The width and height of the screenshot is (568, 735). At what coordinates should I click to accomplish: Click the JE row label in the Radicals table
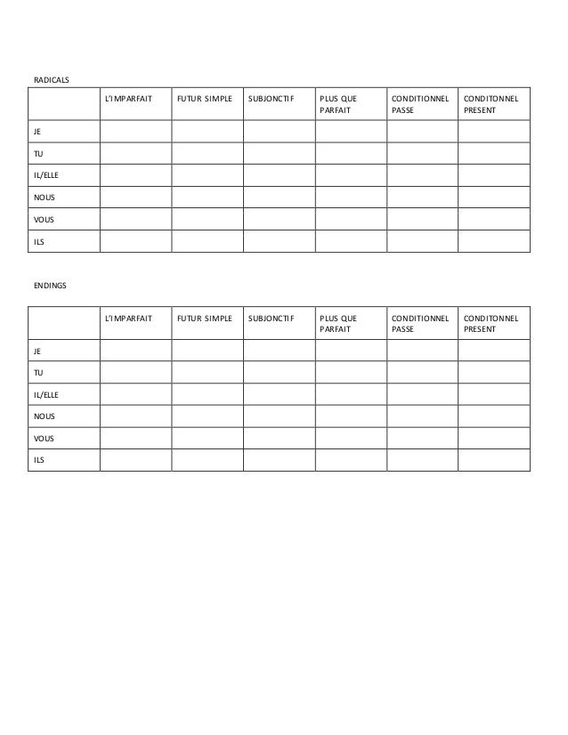click(x=38, y=131)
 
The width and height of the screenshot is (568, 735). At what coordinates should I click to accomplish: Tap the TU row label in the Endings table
click(x=38, y=372)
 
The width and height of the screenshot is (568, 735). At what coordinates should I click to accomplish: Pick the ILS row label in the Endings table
click(x=39, y=460)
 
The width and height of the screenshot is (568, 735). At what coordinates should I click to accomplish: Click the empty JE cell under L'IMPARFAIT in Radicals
click(x=134, y=131)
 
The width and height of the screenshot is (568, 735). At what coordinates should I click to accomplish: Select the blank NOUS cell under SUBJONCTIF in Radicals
click(x=279, y=197)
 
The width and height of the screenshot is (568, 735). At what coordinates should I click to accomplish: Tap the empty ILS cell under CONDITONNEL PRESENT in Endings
click(x=493, y=460)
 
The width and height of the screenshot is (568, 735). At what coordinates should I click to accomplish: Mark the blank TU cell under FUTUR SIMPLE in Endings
click(x=207, y=372)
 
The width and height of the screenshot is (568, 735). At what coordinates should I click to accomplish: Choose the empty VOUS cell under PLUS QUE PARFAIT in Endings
click(x=350, y=438)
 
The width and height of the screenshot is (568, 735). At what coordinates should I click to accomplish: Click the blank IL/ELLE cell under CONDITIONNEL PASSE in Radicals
click(x=421, y=175)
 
